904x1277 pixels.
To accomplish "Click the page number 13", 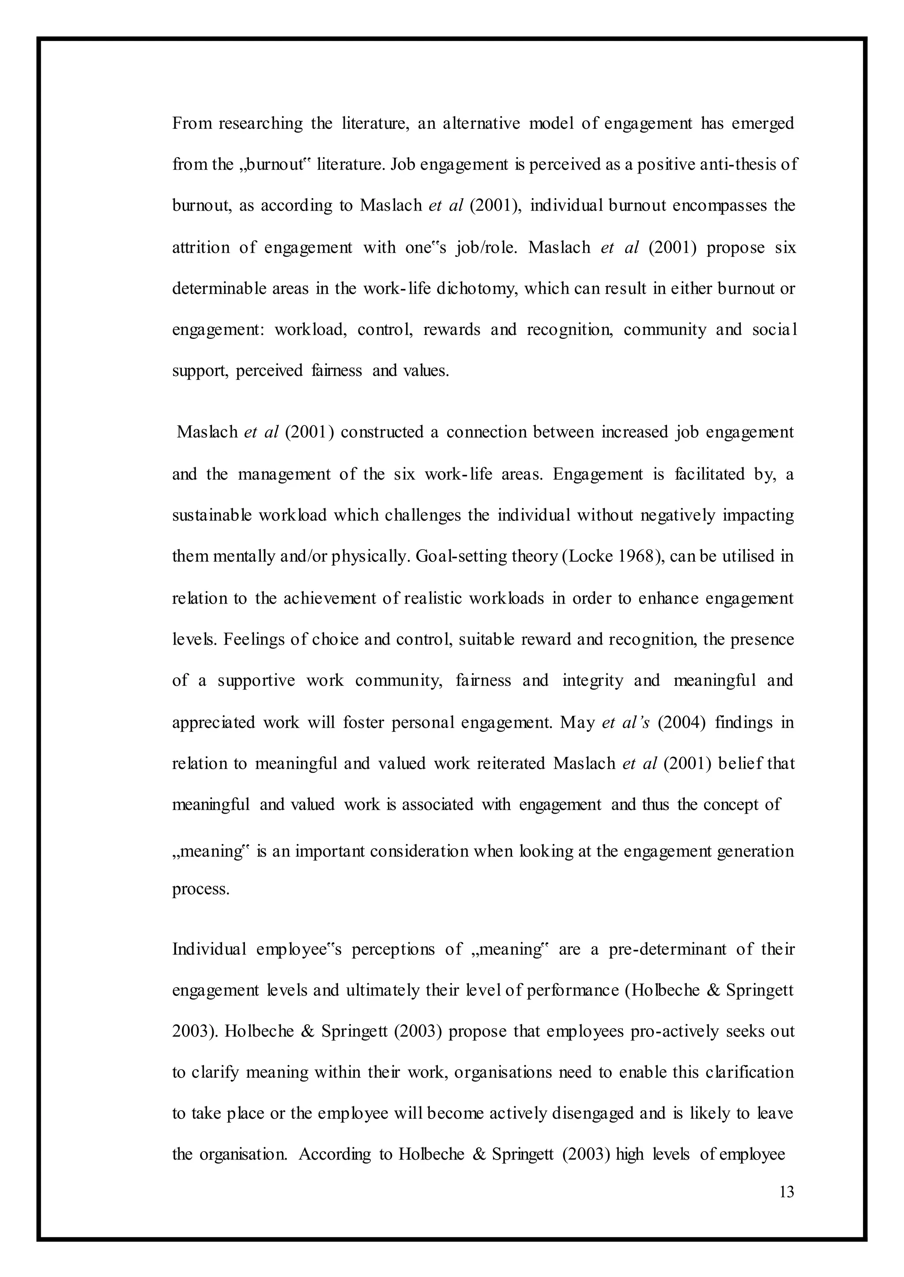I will tap(787, 1192).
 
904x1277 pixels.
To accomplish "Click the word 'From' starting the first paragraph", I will tap(192, 123).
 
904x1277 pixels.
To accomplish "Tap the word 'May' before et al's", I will tap(578, 722).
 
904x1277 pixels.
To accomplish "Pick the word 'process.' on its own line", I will tap(200, 889).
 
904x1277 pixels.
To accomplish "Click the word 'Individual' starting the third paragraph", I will tap(209, 949).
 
